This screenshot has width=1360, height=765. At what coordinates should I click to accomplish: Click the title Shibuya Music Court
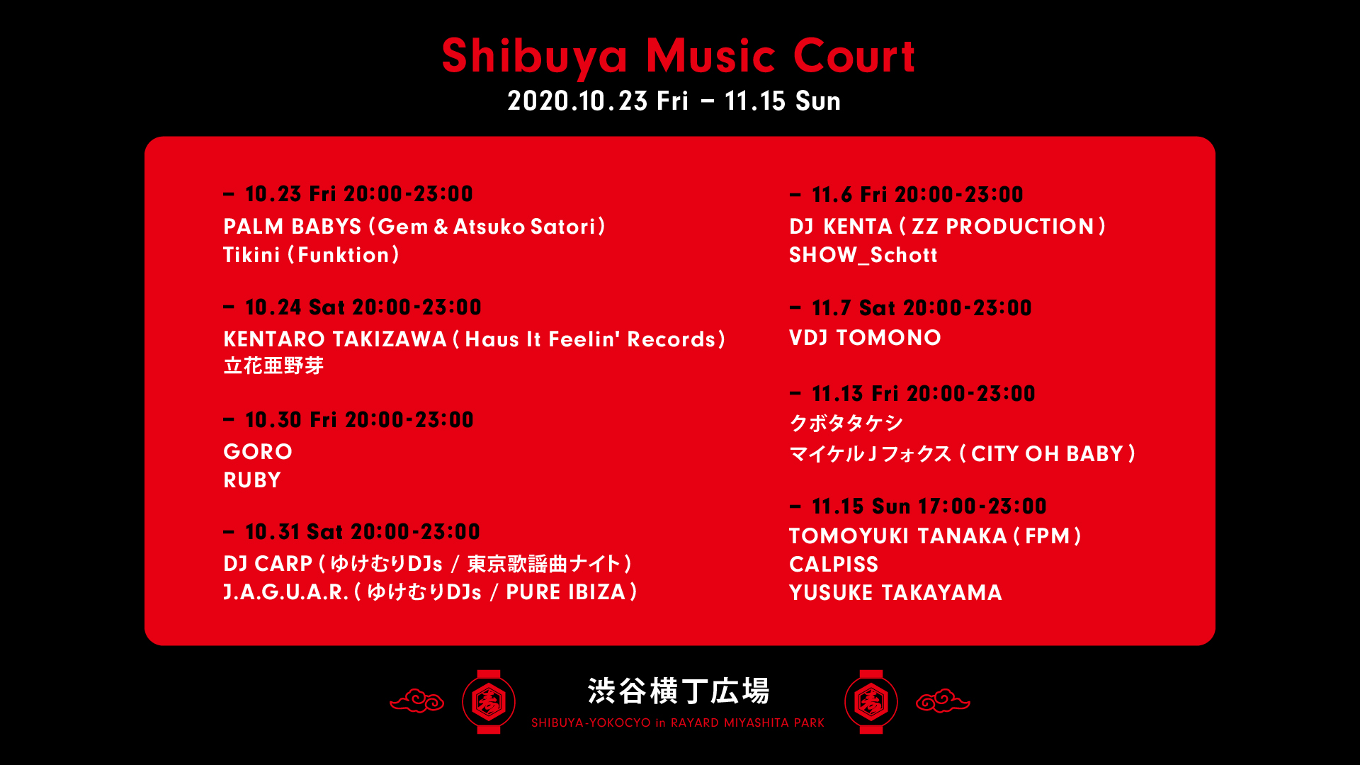click(x=678, y=56)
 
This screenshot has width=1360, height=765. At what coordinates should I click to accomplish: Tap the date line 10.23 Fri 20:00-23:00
click(x=358, y=194)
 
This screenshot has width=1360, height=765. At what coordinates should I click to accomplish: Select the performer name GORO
click(x=258, y=452)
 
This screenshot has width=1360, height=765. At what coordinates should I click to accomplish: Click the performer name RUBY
click(x=252, y=480)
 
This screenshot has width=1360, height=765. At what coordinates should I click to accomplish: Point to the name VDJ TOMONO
click(x=865, y=338)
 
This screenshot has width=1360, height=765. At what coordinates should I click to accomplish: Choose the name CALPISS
click(x=834, y=565)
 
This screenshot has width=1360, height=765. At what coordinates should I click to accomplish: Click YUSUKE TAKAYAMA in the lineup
click(x=895, y=593)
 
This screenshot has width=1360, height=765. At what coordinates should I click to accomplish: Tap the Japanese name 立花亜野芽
click(x=273, y=366)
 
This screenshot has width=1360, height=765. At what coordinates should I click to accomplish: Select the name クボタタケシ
click(x=846, y=423)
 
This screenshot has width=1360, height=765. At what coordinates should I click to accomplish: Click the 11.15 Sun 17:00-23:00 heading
click(x=929, y=506)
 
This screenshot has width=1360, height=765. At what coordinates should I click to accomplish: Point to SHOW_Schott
click(x=863, y=255)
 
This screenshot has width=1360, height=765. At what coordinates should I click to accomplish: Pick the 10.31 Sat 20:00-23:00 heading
click(x=362, y=532)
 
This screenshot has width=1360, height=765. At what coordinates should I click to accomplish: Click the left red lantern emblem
click(x=489, y=702)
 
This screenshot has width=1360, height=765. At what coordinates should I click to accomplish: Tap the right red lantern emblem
click(x=871, y=702)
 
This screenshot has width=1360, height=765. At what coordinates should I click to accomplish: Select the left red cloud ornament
click(x=417, y=701)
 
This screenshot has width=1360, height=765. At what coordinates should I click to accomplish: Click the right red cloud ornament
click(x=943, y=701)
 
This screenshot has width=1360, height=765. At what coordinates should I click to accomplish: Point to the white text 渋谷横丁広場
click(x=679, y=691)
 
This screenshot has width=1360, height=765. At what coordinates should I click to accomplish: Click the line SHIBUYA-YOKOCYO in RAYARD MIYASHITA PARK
click(x=678, y=723)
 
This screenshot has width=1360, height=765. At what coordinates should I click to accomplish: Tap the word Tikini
click(x=251, y=255)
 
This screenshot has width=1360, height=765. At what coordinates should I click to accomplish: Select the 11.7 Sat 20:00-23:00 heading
click(x=922, y=308)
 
